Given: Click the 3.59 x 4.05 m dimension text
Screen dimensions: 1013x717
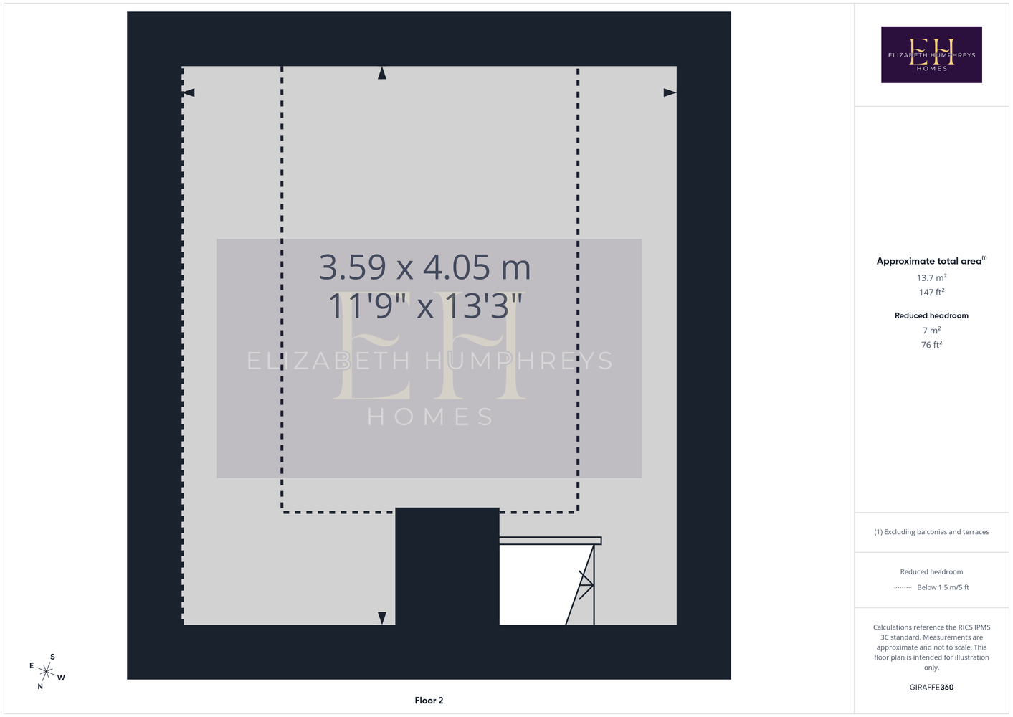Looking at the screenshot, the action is click(x=424, y=267).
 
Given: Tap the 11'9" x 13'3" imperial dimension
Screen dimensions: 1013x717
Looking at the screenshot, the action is click(x=424, y=305).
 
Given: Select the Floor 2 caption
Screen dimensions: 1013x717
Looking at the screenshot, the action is click(x=429, y=701).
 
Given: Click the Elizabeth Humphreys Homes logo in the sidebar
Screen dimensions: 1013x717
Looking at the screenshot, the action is click(x=931, y=54).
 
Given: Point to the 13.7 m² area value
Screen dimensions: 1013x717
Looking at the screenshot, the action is click(x=931, y=277).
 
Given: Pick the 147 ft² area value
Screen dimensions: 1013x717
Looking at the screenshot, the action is click(x=931, y=293).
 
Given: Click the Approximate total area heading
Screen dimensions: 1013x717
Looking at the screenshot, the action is click(x=931, y=261).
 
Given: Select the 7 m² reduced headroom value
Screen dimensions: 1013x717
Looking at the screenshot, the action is click(x=931, y=331).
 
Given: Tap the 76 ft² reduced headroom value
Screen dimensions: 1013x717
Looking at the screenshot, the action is click(x=931, y=345).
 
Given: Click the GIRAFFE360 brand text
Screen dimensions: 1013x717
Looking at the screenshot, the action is click(x=931, y=687).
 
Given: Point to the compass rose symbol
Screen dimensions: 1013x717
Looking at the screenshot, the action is click(x=46, y=672).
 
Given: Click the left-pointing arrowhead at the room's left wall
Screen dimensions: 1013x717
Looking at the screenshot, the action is click(x=188, y=92).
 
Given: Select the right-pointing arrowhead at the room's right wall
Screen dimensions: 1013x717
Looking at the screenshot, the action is click(x=670, y=92).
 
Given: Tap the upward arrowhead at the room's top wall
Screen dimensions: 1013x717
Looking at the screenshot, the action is click(x=382, y=73).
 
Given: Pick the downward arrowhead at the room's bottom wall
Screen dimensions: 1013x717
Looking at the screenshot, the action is click(x=382, y=618).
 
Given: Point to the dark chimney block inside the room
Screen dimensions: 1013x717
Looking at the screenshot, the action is click(x=447, y=566).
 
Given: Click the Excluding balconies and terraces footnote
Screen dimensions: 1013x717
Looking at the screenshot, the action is click(x=931, y=532).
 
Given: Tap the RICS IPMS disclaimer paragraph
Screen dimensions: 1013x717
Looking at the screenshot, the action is click(x=931, y=647).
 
